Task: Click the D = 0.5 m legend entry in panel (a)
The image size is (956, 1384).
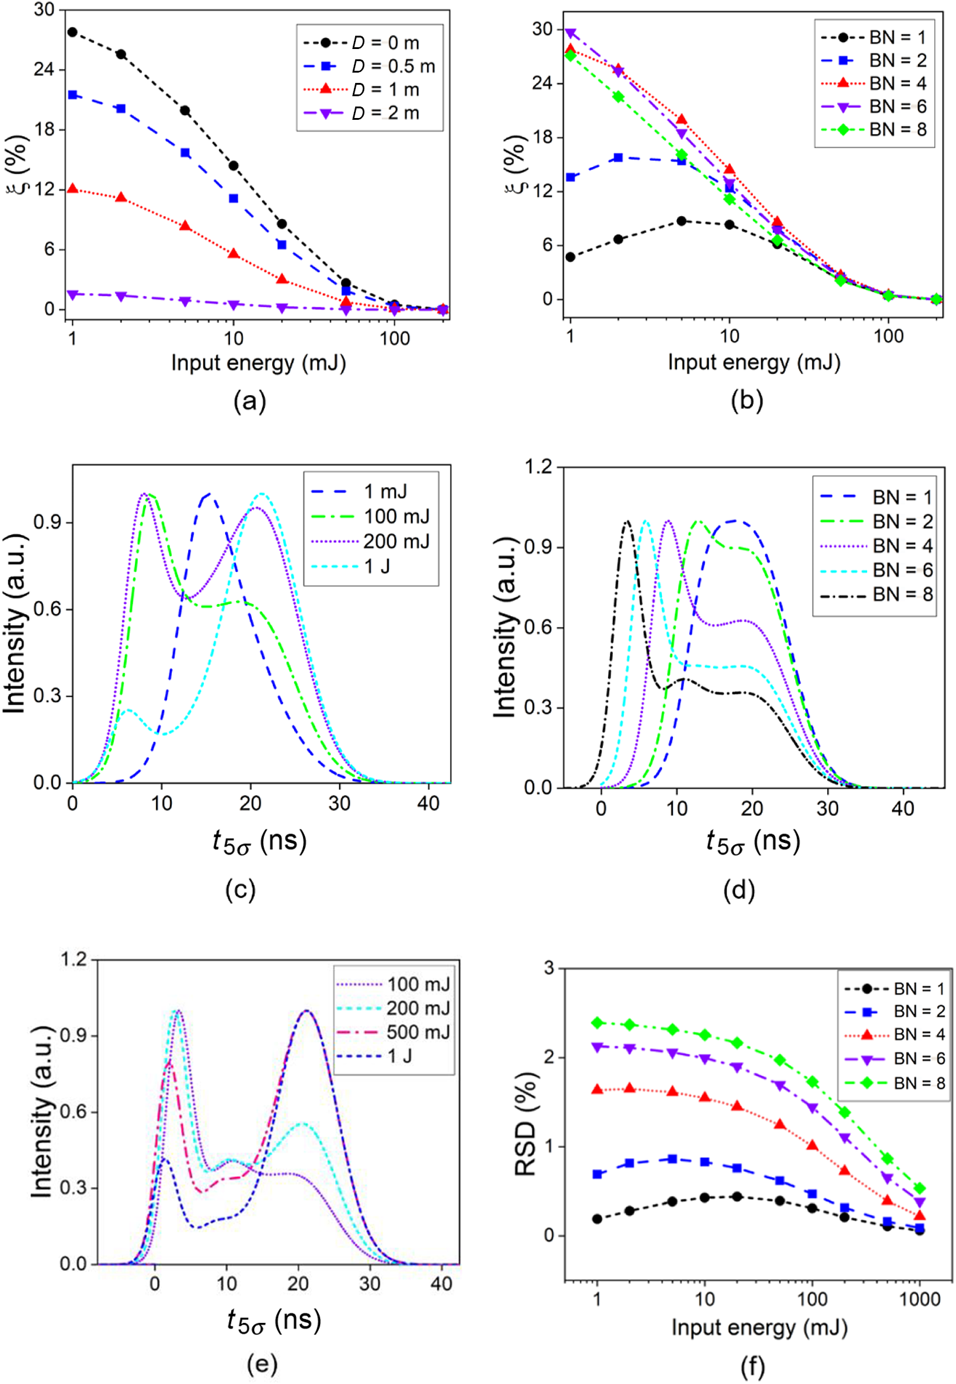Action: [369, 67]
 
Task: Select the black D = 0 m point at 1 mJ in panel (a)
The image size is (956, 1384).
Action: [73, 32]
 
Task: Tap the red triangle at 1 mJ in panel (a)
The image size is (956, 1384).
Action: [73, 189]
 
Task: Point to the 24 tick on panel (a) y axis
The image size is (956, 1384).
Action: [44, 69]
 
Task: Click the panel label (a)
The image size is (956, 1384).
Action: [249, 401]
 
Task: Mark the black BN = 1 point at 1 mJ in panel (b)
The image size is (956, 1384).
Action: [570, 257]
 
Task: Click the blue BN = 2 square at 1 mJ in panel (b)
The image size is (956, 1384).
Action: [570, 177]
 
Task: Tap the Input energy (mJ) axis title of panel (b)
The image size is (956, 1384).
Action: [753, 362]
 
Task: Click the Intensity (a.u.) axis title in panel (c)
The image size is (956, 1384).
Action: [15, 623]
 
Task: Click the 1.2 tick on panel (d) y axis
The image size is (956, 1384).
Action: [538, 467]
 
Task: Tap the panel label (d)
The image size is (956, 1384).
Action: [739, 890]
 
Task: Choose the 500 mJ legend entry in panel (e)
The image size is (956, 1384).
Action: [394, 1032]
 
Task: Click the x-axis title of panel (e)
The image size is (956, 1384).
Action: [273, 1320]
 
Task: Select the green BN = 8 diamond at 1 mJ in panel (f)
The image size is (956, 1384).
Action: [597, 1023]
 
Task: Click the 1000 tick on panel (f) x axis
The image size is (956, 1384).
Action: [919, 1299]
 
